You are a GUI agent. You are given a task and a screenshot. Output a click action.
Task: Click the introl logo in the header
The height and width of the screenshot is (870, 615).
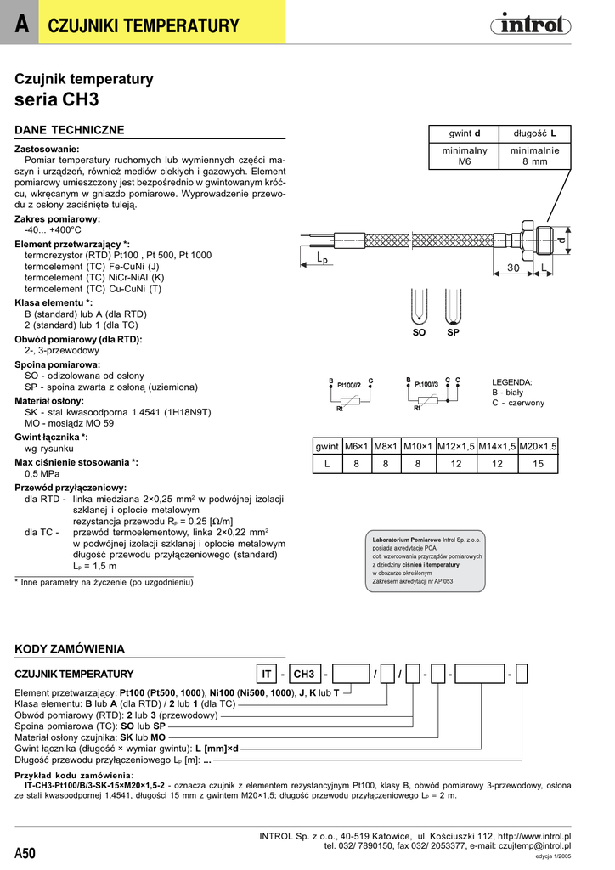point(529,25)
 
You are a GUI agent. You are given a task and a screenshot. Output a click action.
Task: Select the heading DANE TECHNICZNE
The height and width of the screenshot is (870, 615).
point(70,130)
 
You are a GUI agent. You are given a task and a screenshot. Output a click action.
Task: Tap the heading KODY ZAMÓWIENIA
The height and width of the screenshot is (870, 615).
point(70,648)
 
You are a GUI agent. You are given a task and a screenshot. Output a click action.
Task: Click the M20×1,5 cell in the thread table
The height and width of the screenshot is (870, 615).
point(538,446)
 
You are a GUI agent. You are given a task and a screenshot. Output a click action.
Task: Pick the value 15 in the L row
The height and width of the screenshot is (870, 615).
point(538,464)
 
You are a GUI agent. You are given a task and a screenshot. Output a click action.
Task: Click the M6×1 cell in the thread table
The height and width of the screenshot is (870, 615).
point(356,446)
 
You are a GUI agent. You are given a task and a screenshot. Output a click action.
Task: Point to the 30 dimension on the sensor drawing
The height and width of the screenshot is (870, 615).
point(513,268)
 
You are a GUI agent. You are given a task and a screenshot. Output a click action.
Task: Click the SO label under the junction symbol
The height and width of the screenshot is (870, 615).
point(419,332)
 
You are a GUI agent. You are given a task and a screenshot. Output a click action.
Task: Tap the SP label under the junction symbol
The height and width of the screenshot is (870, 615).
point(453,332)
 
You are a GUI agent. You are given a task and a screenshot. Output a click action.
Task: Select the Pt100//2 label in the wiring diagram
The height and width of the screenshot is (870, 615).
point(349,385)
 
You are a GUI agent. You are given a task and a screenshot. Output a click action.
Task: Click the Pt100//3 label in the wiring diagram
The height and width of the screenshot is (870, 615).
point(426,385)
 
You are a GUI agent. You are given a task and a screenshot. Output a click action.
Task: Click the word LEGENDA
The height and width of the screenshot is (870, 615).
point(512,382)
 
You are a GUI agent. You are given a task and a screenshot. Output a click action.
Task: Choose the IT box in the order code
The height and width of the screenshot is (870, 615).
point(267,675)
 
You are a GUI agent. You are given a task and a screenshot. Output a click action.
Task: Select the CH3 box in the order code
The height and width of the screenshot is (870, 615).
point(303,675)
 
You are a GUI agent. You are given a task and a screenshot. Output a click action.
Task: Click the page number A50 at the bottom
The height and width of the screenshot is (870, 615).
point(25,853)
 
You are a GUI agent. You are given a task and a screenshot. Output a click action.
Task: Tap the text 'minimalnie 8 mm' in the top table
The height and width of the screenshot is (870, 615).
point(534,155)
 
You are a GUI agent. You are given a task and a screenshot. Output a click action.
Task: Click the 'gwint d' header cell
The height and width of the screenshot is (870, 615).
point(465,134)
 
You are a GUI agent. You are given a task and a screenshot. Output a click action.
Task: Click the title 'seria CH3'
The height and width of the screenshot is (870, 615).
point(57,99)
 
